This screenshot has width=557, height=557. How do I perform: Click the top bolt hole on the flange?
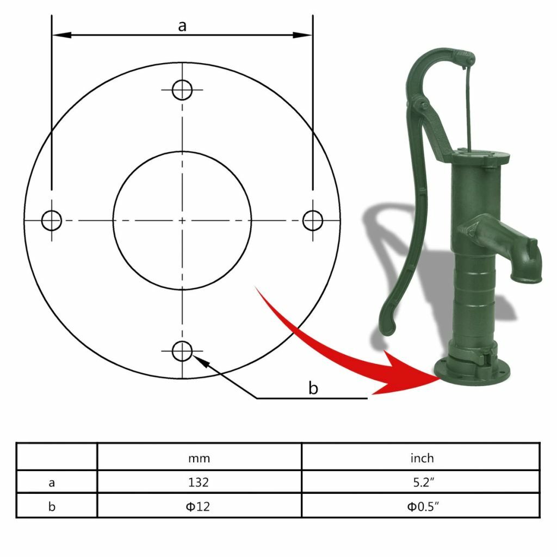182,90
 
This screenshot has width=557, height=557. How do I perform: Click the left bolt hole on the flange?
52,220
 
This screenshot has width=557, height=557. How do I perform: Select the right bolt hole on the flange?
313,220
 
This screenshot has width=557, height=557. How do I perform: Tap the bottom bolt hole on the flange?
182,351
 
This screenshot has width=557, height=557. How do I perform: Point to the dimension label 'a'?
182,25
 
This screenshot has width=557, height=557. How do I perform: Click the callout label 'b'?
313,388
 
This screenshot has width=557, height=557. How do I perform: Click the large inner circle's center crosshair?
182,220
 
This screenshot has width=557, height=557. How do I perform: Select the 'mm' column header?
199,458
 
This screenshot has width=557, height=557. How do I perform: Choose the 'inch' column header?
422,458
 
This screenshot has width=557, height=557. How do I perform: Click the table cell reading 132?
199,482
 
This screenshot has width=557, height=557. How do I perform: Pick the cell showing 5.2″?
422,482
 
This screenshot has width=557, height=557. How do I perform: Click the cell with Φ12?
199,506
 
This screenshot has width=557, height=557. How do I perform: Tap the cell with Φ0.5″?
422,506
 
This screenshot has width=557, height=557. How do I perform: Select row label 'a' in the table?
52,482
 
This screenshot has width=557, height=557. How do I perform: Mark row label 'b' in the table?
52,506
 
